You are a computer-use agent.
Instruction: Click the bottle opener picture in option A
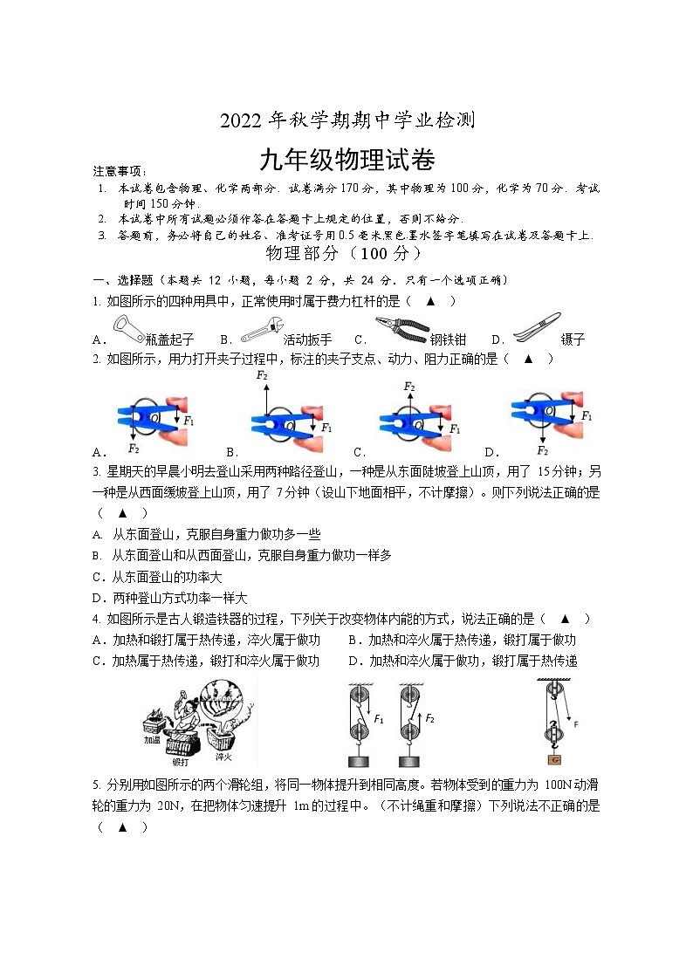[129, 330]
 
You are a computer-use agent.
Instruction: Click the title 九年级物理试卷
[346, 161]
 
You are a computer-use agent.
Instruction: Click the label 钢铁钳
[448, 339]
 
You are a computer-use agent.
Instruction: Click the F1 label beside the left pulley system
[379, 720]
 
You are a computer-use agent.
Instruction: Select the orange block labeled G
[554, 757]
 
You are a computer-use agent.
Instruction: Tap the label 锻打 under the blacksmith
[181, 762]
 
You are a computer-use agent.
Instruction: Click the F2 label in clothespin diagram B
[261, 375]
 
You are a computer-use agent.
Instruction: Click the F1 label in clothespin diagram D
[587, 415]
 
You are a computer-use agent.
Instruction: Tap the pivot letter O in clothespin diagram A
[154, 420]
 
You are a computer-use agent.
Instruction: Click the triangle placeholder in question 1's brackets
[429, 301]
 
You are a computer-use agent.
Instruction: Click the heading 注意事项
[120, 170]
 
